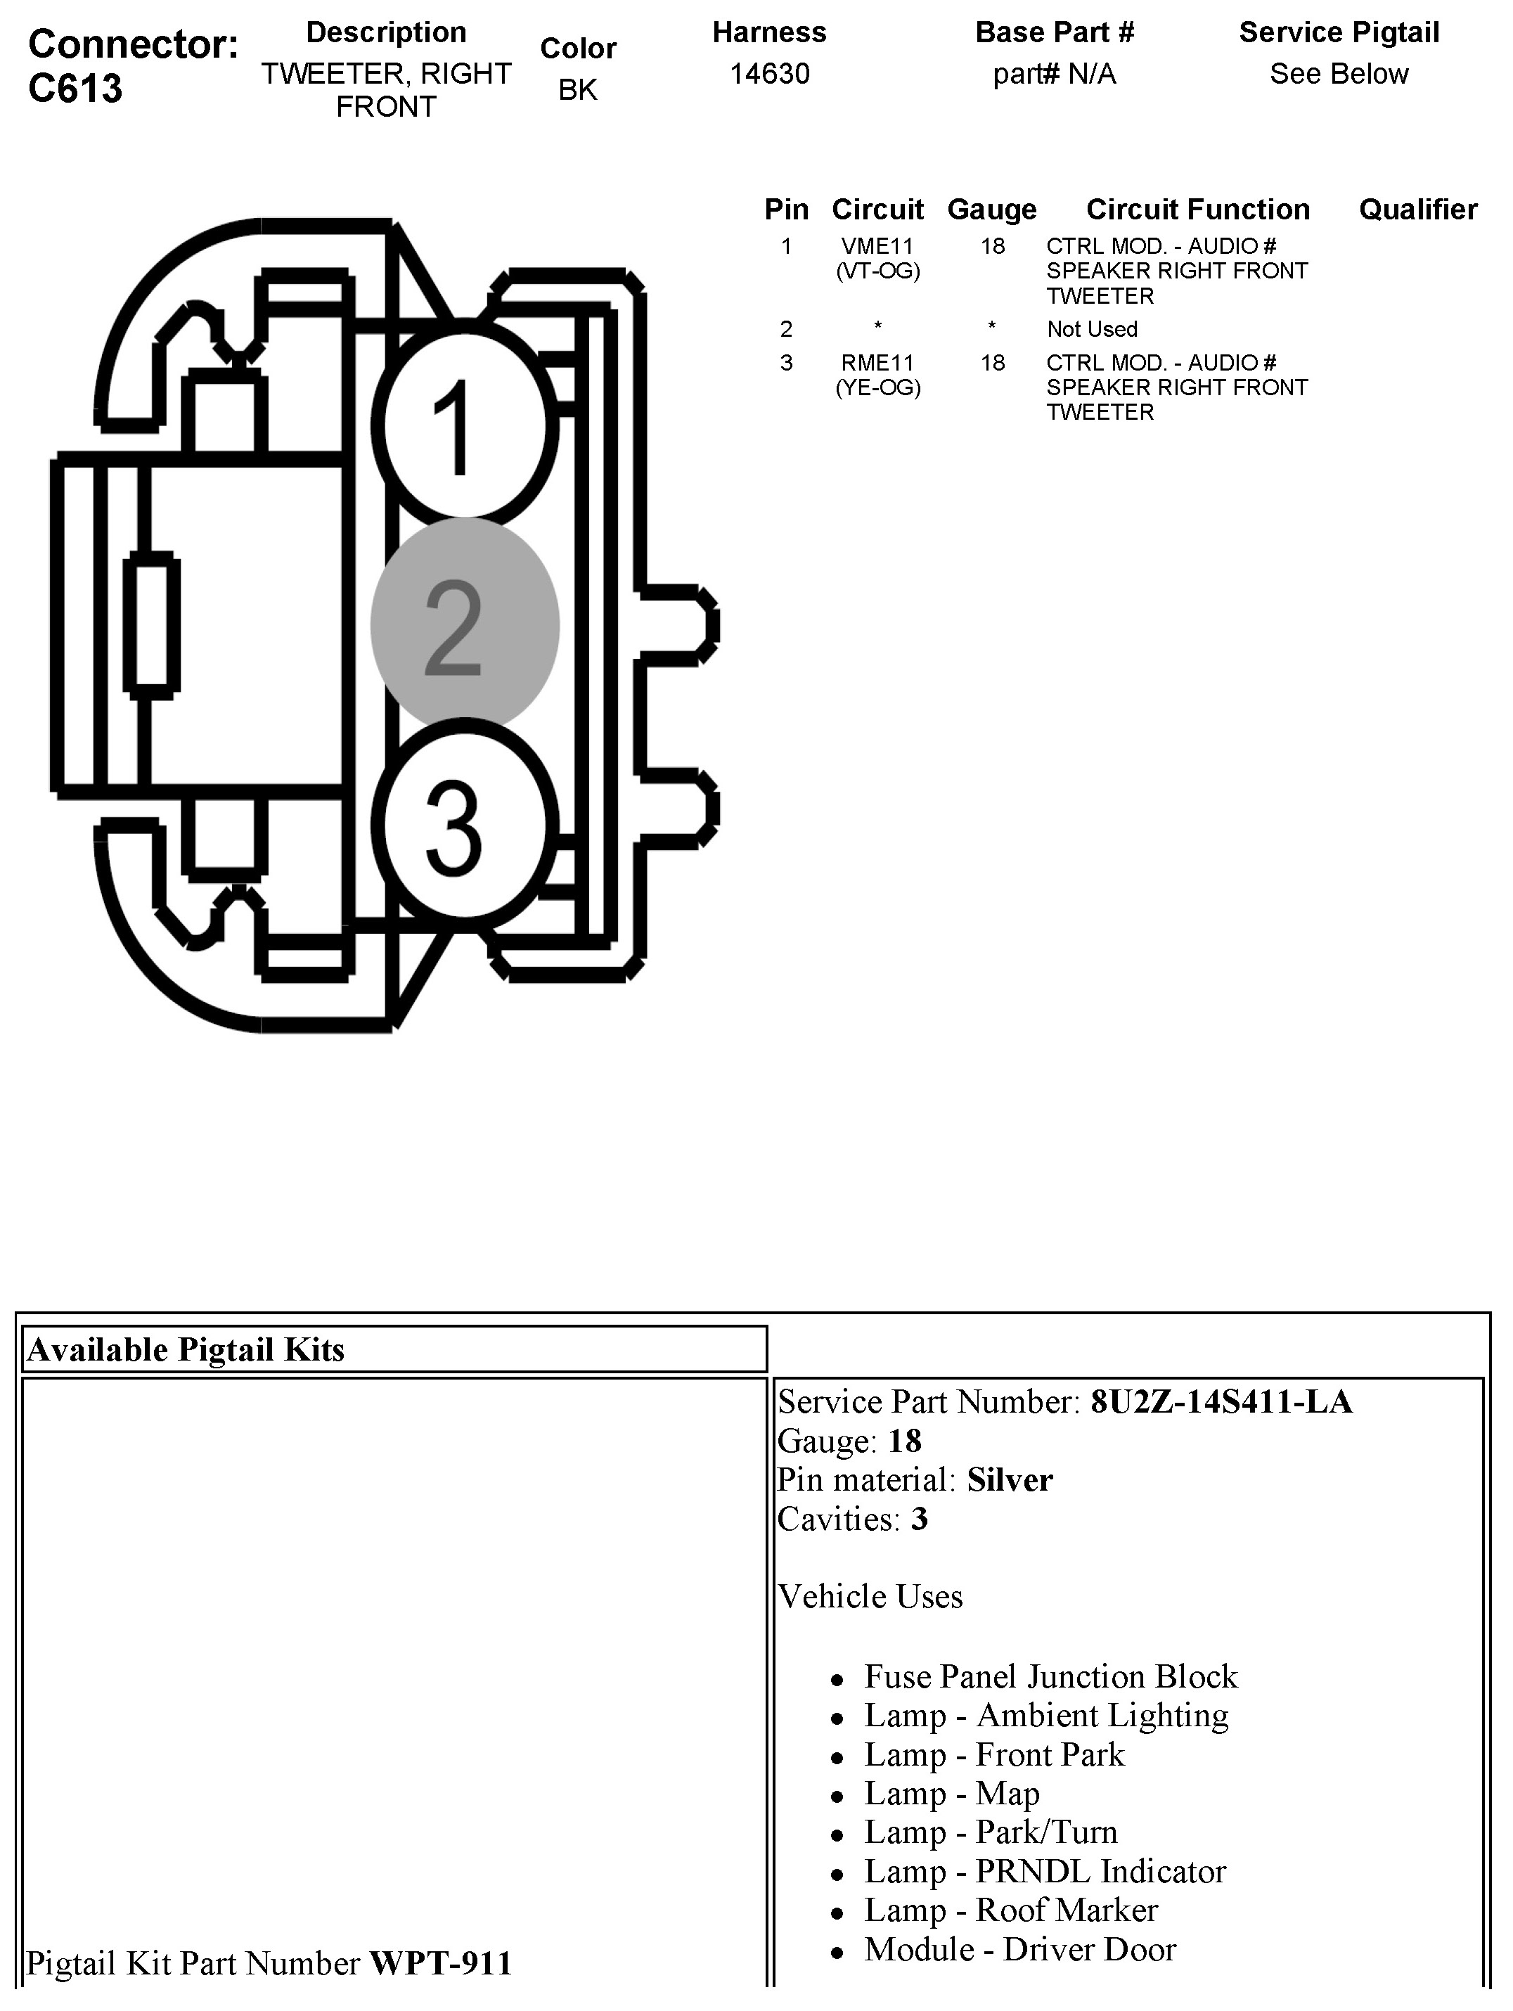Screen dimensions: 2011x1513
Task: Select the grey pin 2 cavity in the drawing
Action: (x=464, y=626)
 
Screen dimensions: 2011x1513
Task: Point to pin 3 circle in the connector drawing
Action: (x=464, y=825)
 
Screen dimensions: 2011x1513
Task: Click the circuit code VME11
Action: (x=877, y=246)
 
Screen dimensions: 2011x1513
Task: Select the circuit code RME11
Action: (x=877, y=363)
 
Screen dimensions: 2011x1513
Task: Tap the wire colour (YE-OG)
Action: (x=877, y=388)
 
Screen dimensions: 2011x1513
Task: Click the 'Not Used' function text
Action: (x=1091, y=329)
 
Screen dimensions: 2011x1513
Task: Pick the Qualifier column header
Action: (x=1417, y=209)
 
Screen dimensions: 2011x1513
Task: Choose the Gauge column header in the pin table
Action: (x=991, y=209)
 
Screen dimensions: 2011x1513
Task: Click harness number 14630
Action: (x=769, y=74)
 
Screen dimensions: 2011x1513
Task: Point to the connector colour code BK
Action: (x=577, y=90)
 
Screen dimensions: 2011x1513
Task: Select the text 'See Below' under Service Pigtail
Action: (x=1339, y=74)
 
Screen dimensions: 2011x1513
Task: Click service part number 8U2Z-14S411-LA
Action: (x=1221, y=1402)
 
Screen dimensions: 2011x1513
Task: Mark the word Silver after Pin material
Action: (x=1010, y=1480)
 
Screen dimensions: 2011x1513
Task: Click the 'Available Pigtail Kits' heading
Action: (x=186, y=1350)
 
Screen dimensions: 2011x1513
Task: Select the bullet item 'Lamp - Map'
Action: (x=951, y=1794)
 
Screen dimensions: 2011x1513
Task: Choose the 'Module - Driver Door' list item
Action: (x=1019, y=1949)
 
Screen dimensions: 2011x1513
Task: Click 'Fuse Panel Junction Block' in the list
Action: (x=1050, y=1676)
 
